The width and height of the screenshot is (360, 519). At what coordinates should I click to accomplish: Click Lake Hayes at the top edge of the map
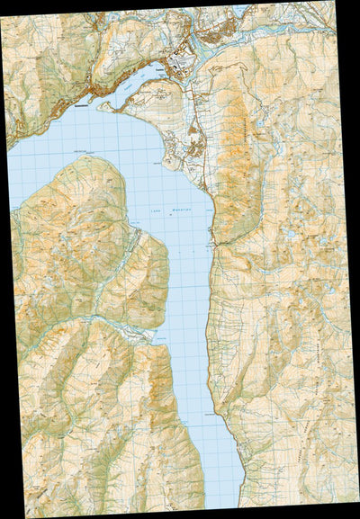pyautogui.click(x=240, y=10)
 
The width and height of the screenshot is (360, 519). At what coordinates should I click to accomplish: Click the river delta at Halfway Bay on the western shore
pyautogui.click(x=155, y=334)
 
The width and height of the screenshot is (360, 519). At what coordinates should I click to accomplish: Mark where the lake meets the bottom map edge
pyautogui.click(x=225, y=504)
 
